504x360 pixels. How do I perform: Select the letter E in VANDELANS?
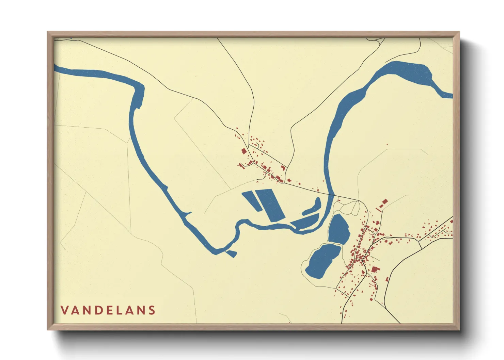coord(110,310)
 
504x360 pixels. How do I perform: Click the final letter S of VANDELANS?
coord(152,310)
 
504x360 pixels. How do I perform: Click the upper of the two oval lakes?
coord(339,229)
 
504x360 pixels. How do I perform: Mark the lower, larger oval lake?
coord(323,261)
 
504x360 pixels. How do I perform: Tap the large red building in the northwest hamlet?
coord(244,151)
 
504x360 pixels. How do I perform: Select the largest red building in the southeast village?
coord(375,270)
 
